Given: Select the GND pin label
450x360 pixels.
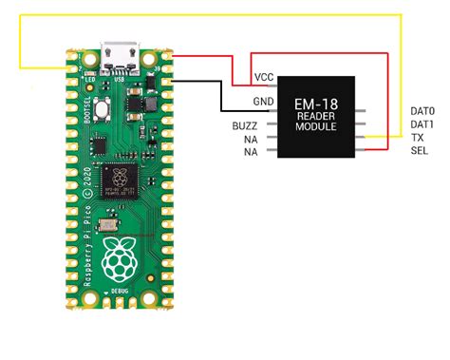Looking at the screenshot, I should tap(263, 101).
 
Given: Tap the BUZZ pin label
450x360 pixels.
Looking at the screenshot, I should tap(244, 126).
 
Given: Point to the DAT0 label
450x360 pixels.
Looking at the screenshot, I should tap(422, 112).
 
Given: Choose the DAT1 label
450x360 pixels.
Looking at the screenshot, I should tap(422, 124).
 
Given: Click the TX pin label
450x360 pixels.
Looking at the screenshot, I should tap(418, 138).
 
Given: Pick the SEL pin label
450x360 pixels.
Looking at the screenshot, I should tap(419, 151).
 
